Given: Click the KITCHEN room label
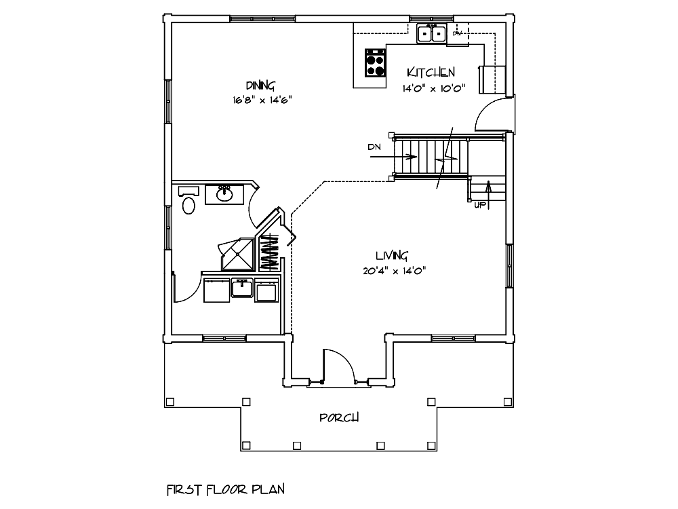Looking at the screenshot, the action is click(431, 72).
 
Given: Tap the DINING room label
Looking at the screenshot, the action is click(260, 85).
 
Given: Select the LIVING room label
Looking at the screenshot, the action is click(391, 255).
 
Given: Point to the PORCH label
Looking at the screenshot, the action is click(339, 417).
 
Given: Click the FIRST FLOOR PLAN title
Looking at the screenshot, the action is click(226, 489).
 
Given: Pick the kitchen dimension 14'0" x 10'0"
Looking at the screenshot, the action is click(434, 89).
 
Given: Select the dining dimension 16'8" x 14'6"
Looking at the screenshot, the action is click(262, 100).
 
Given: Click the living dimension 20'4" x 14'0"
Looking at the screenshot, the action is click(395, 271).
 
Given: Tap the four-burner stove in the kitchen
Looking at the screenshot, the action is click(375, 62).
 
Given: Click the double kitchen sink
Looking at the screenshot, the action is click(431, 33).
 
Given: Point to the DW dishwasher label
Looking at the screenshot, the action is click(457, 33).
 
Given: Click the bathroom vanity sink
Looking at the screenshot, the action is click(224, 194).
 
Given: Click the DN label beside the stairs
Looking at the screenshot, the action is click(374, 147).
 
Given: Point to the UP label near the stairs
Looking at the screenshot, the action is click(480, 205).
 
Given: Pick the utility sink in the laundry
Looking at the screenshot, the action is click(242, 288).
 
